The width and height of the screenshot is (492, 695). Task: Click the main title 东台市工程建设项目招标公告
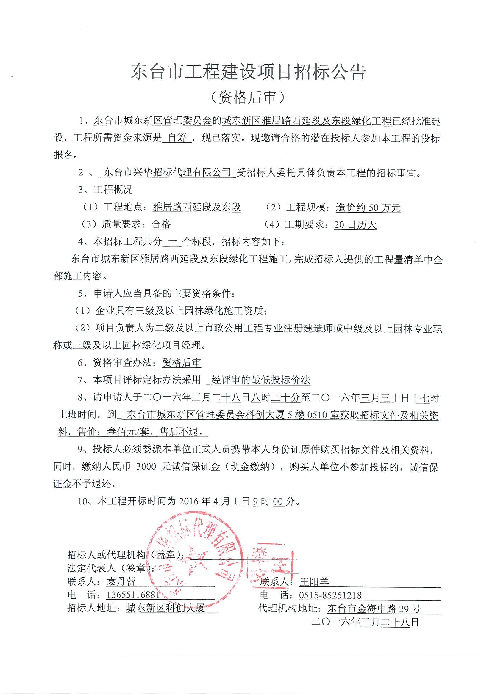[248, 72]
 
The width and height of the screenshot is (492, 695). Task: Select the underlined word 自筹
[177, 138]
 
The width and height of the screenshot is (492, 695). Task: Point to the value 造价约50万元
[368, 207]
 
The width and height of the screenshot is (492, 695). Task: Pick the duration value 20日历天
[355, 225]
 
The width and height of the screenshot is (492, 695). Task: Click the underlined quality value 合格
[161, 225]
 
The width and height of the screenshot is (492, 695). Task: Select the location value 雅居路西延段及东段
[197, 207]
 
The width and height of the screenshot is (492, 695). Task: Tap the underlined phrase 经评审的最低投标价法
[261, 380]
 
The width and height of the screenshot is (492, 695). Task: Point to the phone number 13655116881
[133, 595]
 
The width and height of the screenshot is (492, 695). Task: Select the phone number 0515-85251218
[330, 595]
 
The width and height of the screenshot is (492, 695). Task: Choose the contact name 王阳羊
[314, 581]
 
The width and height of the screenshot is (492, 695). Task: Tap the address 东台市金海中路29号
[374, 608]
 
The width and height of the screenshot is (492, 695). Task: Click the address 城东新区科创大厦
[165, 608]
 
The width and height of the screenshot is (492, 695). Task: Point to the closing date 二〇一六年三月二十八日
[365, 622]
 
